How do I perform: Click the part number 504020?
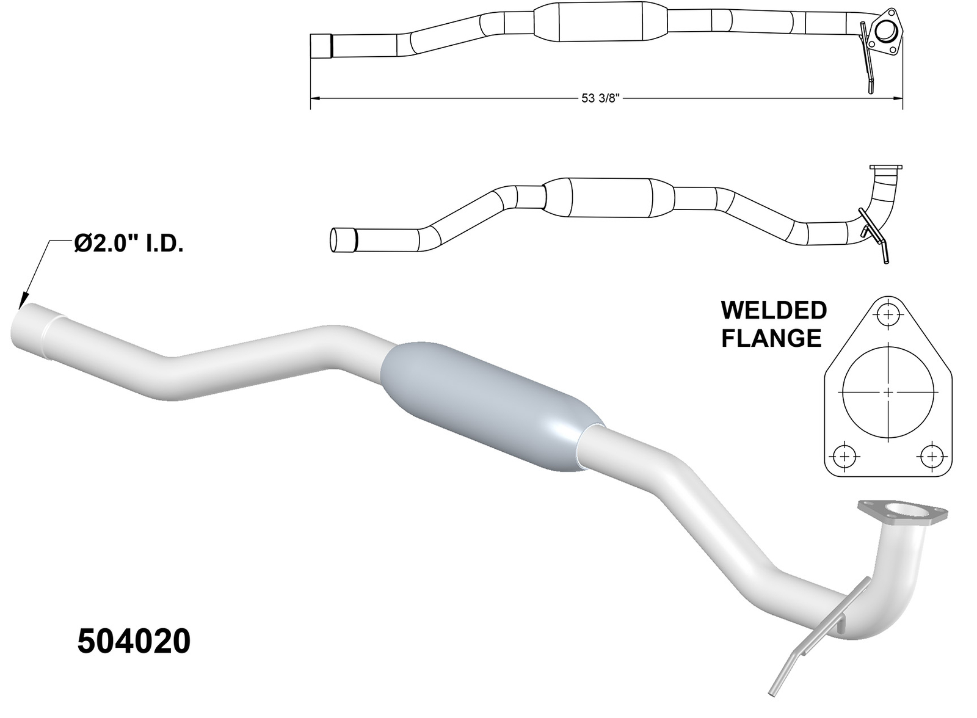point(134,642)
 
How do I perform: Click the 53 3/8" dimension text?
point(600,99)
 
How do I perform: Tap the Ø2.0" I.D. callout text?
point(129,244)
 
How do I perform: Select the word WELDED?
point(774,310)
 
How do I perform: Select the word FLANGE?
point(771,338)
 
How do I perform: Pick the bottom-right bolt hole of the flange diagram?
point(932,455)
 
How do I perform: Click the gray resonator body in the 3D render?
point(492,407)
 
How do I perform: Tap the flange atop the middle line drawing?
point(885,168)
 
